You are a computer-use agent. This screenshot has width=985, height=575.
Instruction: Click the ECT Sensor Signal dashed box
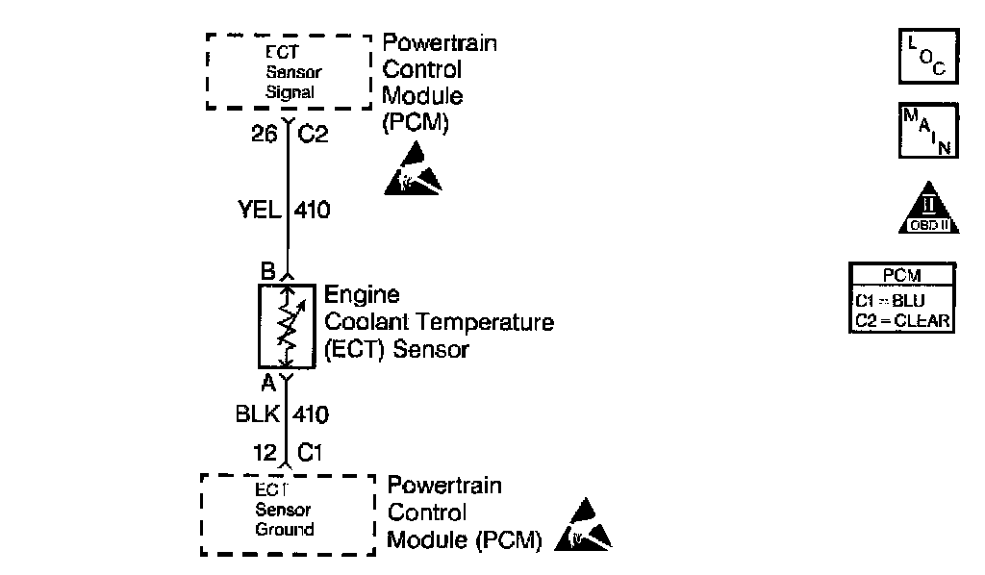289,72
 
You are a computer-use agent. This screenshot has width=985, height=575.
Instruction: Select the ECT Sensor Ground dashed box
287,513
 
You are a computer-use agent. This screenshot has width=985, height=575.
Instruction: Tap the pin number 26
263,136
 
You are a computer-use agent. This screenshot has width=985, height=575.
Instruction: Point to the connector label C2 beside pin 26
313,136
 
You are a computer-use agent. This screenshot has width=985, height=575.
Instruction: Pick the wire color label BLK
256,415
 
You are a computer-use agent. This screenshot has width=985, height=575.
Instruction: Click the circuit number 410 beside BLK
310,415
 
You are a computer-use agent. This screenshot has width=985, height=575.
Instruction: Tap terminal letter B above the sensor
268,271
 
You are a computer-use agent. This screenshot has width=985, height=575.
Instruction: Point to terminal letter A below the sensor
268,382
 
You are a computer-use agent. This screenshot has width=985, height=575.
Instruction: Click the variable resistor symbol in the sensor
287,326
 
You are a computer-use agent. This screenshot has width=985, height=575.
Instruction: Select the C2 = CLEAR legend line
902,319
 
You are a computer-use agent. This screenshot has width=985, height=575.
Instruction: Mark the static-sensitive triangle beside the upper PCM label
415,167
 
